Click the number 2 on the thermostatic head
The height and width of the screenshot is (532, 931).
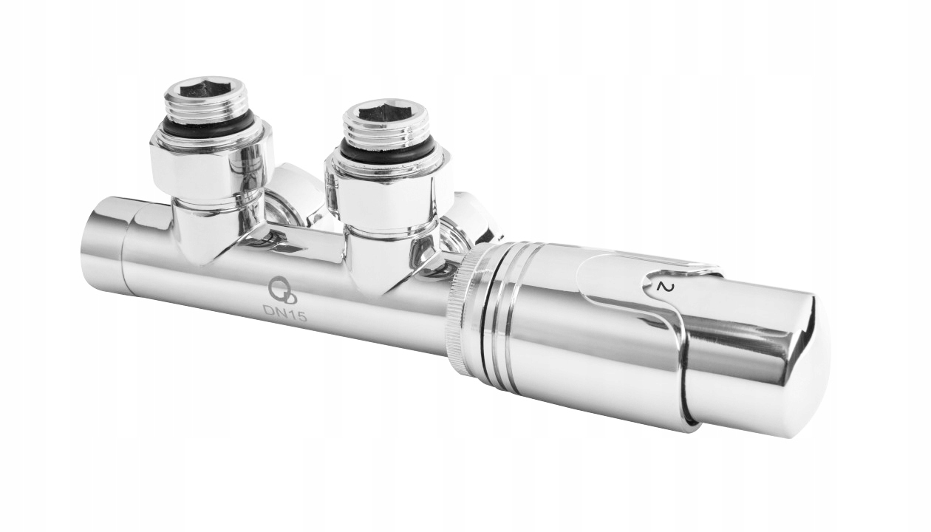coord(663,287)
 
